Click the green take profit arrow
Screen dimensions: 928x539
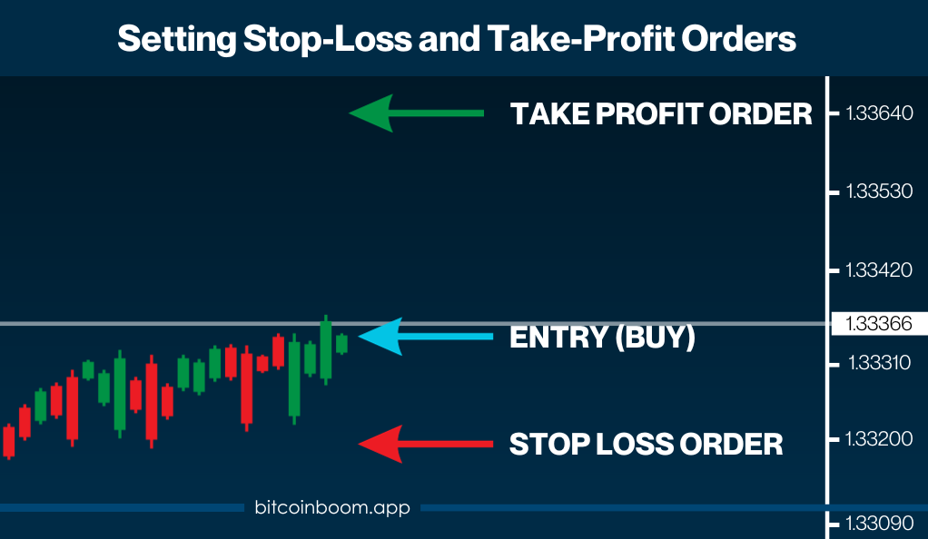point(416,113)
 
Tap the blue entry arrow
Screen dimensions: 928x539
point(426,337)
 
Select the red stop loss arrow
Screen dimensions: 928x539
point(426,444)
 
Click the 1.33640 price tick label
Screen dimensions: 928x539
point(880,113)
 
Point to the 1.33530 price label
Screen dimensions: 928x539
point(880,191)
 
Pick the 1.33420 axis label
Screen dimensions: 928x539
point(879,269)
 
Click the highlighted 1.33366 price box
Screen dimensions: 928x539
point(879,324)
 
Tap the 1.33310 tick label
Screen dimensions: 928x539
point(880,363)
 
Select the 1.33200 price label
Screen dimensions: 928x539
point(879,438)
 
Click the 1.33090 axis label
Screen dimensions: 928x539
point(880,523)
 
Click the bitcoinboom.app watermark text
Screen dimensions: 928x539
point(332,507)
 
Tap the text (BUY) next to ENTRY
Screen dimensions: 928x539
point(656,338)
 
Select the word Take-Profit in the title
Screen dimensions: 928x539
point(581,39)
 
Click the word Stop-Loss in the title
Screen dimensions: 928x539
point(327,39)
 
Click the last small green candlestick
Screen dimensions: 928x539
point(341,344)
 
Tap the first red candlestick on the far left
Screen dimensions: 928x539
point(9,441)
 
